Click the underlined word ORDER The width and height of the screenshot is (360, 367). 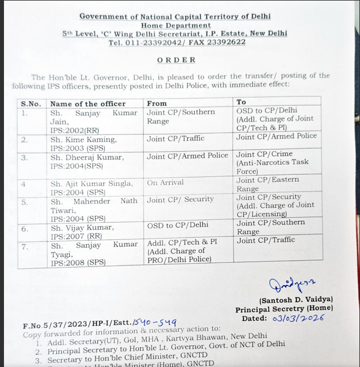(177, 60)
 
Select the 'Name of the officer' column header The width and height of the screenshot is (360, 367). (87, 103)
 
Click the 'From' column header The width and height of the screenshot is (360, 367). (157, 103)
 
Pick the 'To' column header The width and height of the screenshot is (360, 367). (241, 102)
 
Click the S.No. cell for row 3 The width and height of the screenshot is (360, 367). (24, 158)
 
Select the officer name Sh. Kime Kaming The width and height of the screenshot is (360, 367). (83, 139)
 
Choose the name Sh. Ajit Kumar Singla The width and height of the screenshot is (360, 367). (91, 183)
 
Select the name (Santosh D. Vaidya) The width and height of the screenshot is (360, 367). (296, 300)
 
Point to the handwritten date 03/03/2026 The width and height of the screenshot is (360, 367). (298, 318)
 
